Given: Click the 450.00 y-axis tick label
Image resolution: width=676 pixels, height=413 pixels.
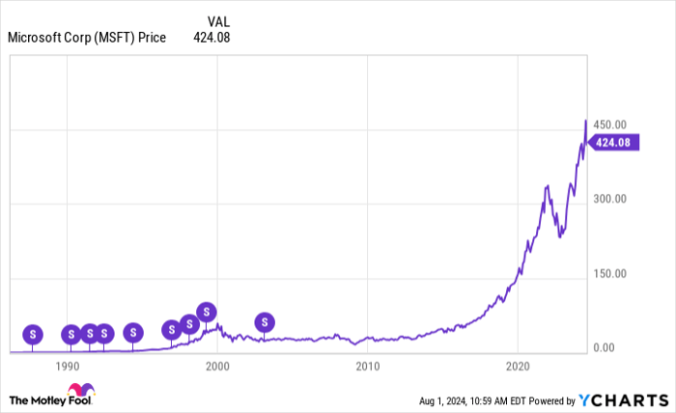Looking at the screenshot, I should pyautogui.click(x=610, y=125).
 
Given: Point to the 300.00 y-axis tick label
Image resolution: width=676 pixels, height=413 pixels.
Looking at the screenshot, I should pyautogui.click(x=610, y=199).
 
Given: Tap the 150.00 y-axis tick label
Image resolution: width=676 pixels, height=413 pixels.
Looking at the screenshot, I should pyautogui.click(x=610, y=273).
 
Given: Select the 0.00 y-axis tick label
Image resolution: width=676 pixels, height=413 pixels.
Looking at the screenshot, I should pyautogui.click(x=603, y=347).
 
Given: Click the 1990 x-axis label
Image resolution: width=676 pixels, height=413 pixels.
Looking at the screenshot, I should pyautogui.click(x=68, y=367).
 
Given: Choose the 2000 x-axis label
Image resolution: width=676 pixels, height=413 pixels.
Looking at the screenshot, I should pyautogui.click(x=217, y=367).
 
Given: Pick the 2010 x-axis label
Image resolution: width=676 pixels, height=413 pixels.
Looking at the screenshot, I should pyautogui.click(x=367, y=367).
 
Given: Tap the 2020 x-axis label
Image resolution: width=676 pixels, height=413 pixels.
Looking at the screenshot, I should pyautogui.click(x=518, y=367).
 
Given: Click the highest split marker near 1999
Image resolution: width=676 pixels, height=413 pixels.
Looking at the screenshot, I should pyautogui.click(x=207, y=312).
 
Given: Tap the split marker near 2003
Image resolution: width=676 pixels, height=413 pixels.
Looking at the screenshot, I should pyautogui.click(x=265, y=322).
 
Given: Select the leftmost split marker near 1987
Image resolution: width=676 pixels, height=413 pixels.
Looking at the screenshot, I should pyautogui.click(x=33, y=335).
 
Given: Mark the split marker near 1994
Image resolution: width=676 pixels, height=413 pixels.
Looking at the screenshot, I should pyautogui.click(x=133, y=333).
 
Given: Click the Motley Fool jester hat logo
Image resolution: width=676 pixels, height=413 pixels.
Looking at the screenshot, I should pyautogui.click(x=81, y=391).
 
